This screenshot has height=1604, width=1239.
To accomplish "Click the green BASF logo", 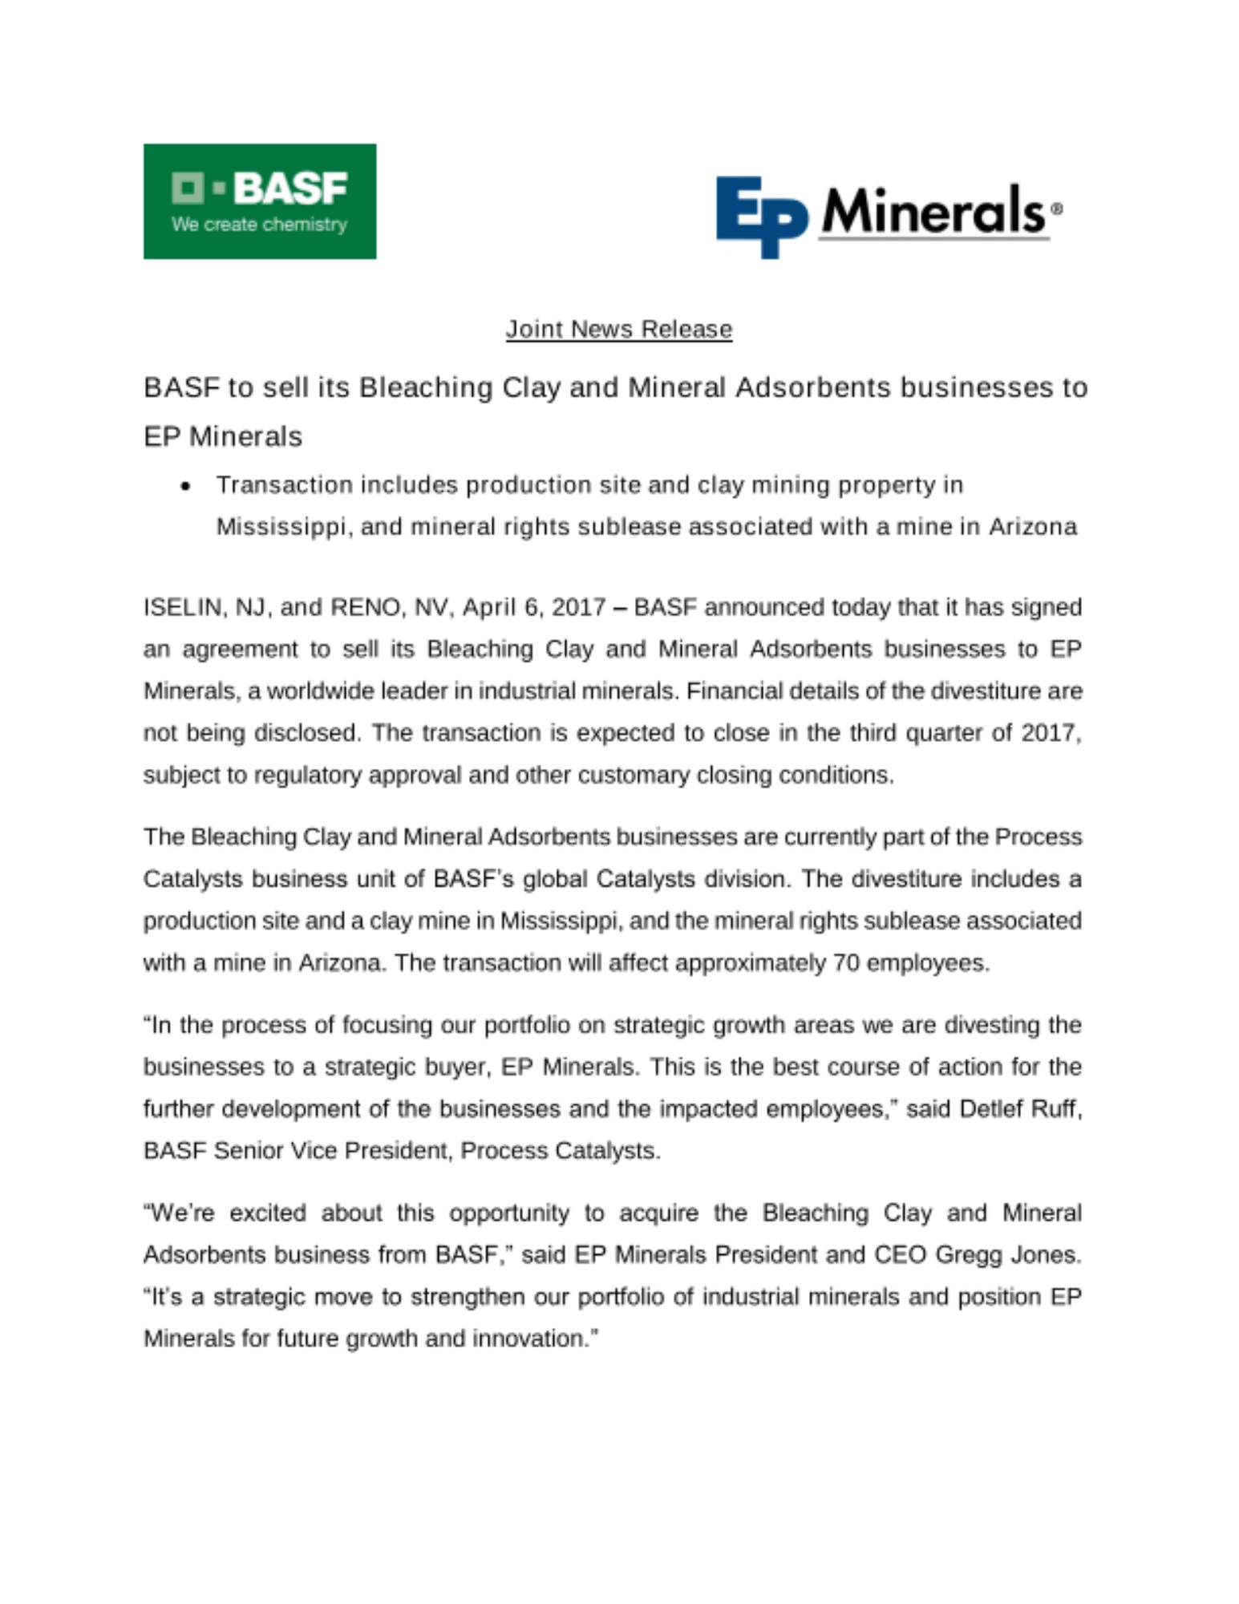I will tap(259, 200).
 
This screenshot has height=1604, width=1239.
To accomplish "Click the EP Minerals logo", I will tap(888, 215).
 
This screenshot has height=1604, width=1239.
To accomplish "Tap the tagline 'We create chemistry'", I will tap(259, 225).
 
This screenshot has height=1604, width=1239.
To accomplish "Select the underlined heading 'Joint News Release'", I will tap(618, 329).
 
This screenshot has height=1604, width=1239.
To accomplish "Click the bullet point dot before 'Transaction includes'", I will tap(186, 486).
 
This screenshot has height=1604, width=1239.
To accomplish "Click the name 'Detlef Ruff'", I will tap(1019, 1108).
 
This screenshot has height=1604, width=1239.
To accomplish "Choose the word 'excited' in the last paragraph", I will tap(267, 1213).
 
